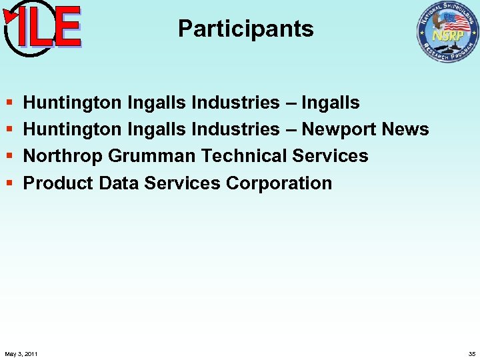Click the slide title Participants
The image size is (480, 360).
(x=245, y=29)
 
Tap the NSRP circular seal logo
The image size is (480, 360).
(x=447, y=32)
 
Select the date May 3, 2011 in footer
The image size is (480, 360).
(x=21, y=353)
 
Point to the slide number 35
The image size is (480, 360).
(x=472, y=353)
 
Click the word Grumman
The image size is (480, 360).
(x=151, y=156)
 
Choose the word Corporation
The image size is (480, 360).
(x=279, y=183)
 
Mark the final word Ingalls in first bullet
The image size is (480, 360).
(x=331, y=103)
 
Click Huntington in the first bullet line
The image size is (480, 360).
(x=72, y=103)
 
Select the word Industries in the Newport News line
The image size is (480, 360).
(x=235, y=129)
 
